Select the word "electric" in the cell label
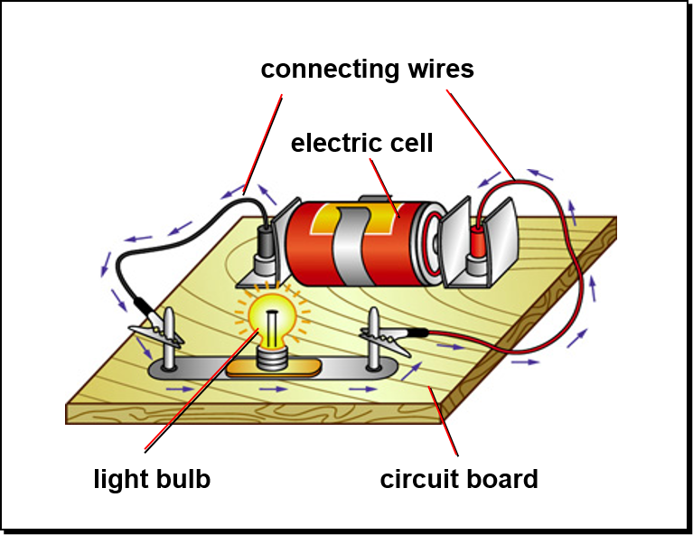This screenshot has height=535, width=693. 335,143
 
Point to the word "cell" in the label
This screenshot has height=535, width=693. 411,143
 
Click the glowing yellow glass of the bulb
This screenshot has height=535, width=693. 271,317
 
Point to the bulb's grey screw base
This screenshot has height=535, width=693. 273,358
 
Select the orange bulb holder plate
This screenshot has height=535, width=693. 274,369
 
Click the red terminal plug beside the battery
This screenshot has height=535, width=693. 478,242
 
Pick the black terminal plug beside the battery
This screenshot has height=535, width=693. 265,242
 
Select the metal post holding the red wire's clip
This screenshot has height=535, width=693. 374,339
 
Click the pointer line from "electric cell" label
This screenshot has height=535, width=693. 385,188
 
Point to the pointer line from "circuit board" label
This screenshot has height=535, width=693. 444,421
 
